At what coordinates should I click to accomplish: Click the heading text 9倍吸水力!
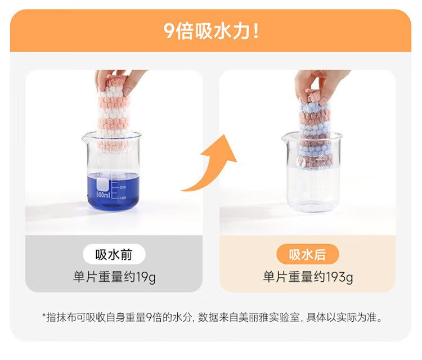[211, 31]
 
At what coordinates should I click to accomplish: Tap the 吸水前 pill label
[114, 254]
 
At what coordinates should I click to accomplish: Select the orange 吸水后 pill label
[307, 254]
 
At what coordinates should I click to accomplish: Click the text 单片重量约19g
[114, 277]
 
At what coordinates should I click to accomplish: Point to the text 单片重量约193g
[308, 277]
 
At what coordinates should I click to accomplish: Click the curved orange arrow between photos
[213, 167]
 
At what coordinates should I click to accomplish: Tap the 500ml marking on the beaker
[103, 195]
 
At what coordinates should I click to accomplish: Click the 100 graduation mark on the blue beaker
[123, 198]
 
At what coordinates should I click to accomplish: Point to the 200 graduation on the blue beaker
[123, 187]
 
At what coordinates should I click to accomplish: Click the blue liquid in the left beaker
[113, 192]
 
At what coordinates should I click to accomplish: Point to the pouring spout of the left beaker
[86, 138]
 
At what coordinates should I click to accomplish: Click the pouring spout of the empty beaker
[285, 138]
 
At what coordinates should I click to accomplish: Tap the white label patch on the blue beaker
[103, 184]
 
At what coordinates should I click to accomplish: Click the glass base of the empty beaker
[311, 206]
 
